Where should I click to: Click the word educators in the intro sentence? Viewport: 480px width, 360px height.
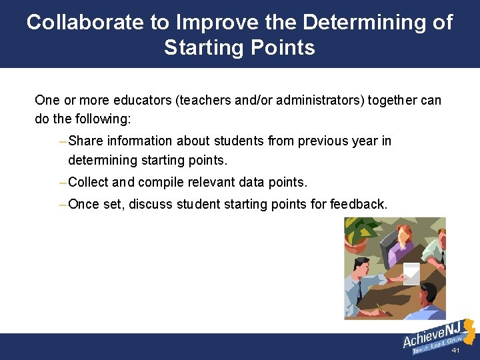tap(145, 101)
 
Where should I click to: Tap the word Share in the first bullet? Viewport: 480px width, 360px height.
tap(85, 141)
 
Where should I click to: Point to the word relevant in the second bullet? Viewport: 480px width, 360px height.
tap(216, 182)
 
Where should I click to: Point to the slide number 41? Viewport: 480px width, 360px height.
tap(456, 351)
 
